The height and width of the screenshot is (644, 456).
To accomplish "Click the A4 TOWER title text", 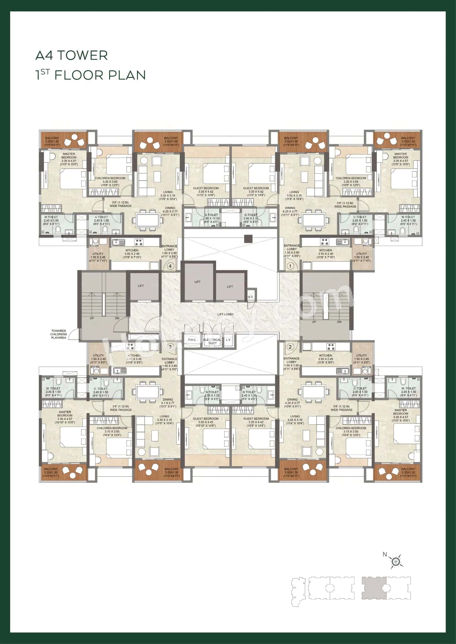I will click(x=72, y=56).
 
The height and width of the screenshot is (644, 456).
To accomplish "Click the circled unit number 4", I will click(x=170, y=266).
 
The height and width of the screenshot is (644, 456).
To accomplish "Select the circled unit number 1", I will click(x=290, y=266).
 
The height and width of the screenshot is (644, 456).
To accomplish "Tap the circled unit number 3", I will click(x=170, y=347).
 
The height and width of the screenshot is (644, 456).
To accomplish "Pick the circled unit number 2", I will click(x=290, y=347).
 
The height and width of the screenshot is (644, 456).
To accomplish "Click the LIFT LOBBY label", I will click(x=225, y=314).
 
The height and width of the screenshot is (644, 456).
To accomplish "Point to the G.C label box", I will click(x=250, y=297).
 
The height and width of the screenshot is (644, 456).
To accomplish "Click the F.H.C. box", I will click(x=192, y=340).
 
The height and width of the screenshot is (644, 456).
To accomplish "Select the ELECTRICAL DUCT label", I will click(x=212, y=341).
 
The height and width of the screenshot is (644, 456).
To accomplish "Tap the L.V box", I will click(x=228, y=340).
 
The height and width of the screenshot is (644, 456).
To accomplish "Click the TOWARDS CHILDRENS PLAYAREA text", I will click(x=59, y=334).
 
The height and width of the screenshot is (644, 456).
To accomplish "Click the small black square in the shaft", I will click(x=248, y=239).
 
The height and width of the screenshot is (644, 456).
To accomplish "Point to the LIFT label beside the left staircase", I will click(x=141, y=286).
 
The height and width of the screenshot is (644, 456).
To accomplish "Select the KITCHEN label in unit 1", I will click(x=325, y=250).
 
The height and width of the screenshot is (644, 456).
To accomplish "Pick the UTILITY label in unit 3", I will click(x=98, y=355).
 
